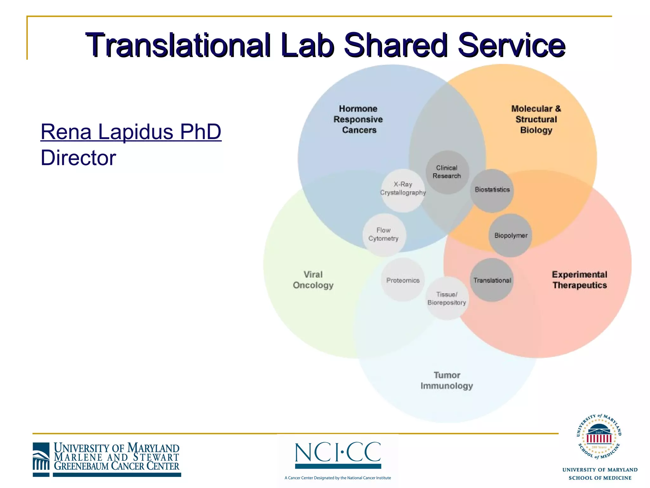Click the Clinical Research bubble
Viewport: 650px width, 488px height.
coord(447,172)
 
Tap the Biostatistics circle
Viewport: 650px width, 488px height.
coord(492,190)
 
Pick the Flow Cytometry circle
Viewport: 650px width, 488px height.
coord(384,235)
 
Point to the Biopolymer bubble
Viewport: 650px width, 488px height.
coord(510,235)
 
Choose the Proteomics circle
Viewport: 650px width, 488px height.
coord(403,280)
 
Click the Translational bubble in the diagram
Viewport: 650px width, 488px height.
coord(492,280)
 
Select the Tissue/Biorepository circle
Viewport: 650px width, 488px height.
coord(447,298)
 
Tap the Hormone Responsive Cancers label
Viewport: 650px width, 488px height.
coord(358,119)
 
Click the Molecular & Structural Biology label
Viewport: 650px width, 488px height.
coord(536,119)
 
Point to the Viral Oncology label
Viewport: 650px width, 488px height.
coord(313,280)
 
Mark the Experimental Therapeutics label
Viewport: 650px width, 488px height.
coord(580,280)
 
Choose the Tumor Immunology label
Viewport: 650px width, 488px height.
coord(447,380)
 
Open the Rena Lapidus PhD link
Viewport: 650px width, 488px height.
coord(131,132)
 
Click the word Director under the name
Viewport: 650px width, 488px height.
coord(78,158)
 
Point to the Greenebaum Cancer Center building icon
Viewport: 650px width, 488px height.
coord(41,459)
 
